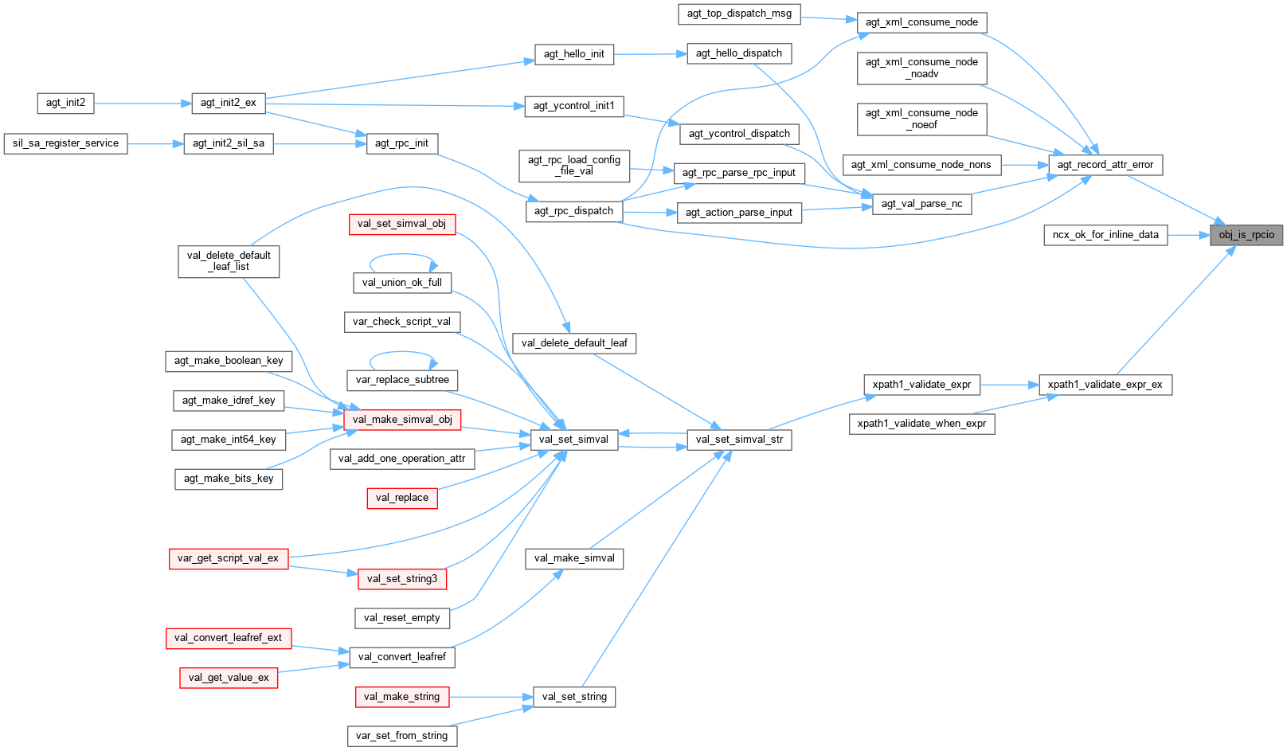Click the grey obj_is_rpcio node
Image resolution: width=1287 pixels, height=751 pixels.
click(1246, 235)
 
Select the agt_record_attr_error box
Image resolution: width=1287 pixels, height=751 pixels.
click(1105, 165)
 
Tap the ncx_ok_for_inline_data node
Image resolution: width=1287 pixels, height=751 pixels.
click(1105, 235)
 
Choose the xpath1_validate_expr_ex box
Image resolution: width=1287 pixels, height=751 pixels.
click(1105, 385)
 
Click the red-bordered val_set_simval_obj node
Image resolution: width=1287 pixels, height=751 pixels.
click(401, 224)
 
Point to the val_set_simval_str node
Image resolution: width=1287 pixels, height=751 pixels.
click(739, 440)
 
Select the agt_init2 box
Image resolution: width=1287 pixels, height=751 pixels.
click(65, 103)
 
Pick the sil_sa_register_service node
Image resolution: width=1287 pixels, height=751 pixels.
click(65, 143)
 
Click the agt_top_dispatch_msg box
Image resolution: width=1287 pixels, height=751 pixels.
click(739, 14)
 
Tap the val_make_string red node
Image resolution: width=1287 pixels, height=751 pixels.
click(401, 697)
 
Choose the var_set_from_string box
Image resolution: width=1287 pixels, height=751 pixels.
click(401, 736)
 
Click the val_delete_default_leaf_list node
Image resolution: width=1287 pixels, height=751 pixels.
click(229, 261)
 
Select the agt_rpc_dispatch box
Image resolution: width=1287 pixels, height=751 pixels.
click(573, 211)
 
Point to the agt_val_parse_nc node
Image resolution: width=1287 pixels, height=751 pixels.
click(921, 204)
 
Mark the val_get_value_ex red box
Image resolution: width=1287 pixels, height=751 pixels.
click(229, 678)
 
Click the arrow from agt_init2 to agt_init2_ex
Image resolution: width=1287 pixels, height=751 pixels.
click(143, 104)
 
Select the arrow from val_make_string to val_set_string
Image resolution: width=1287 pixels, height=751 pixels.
click(491, 697)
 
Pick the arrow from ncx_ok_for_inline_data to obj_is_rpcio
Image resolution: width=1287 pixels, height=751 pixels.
click(1188, 235)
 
